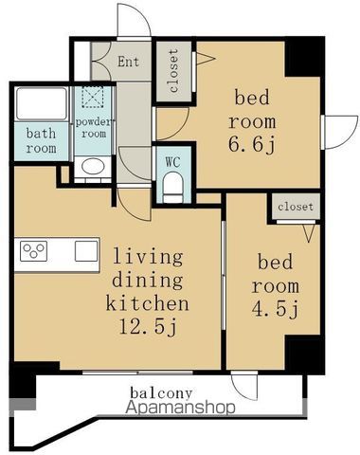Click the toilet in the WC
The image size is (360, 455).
(172, 187)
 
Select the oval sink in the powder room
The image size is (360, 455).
(93, 166)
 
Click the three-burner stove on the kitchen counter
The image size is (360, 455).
(33, 251)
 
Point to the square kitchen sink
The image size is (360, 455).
(86, 251)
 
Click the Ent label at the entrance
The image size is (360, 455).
(128, 62)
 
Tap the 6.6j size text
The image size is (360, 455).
(252, 145)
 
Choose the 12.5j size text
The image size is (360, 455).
(148, 327)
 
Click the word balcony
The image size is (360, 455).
(161, 393)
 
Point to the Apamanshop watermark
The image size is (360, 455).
(180, 408)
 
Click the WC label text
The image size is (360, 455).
(172, 162)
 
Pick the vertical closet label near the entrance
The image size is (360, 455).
(173, 71)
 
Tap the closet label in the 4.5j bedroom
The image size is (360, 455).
(296, 207)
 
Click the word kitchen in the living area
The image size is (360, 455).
(148, 303)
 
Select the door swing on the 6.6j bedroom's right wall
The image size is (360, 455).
(341, 132)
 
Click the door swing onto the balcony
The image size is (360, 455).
(244, 387)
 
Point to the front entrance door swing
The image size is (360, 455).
(134, 20)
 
